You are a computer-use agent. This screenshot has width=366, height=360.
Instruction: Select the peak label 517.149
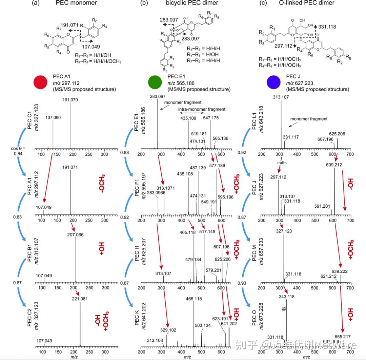[x=204, y=232]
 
